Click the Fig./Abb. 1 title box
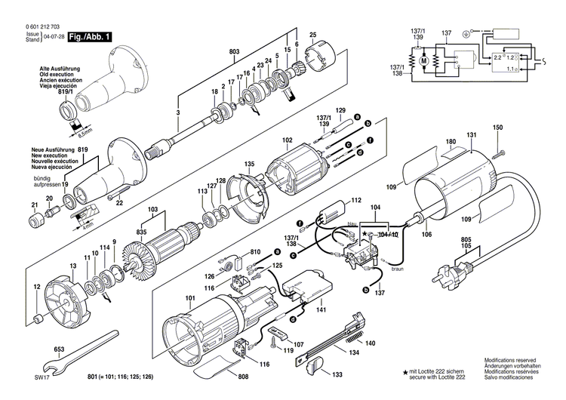pos(91,37)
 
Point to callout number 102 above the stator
pos(288,140)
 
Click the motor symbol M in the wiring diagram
pos(423,60)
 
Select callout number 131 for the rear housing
pos(471,136)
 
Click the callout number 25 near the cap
pos(312,34)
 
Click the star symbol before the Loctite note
pos(405,371)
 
